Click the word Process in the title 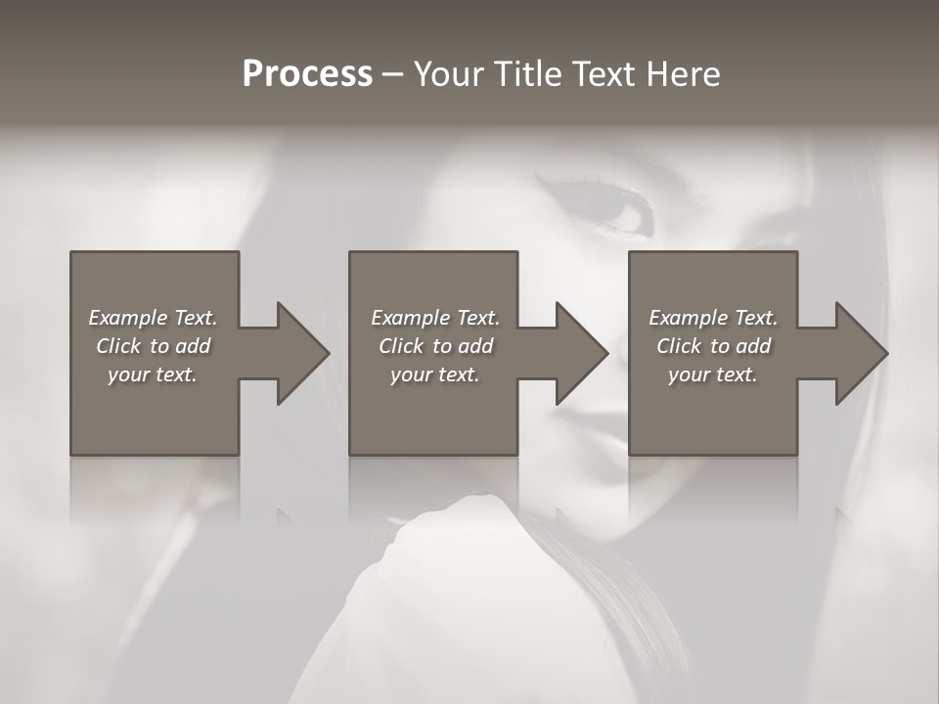pos(307,74)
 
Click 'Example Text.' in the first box pos(153,318)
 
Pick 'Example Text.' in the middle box pos(435,318)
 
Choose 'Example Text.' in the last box pos(713,318)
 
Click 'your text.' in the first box pos(153,374)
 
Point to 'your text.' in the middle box pos(435,374)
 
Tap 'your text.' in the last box pos(713,374)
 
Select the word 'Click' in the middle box pos(401,346)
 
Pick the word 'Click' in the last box pos(679,346)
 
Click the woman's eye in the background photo pos(616,211)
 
